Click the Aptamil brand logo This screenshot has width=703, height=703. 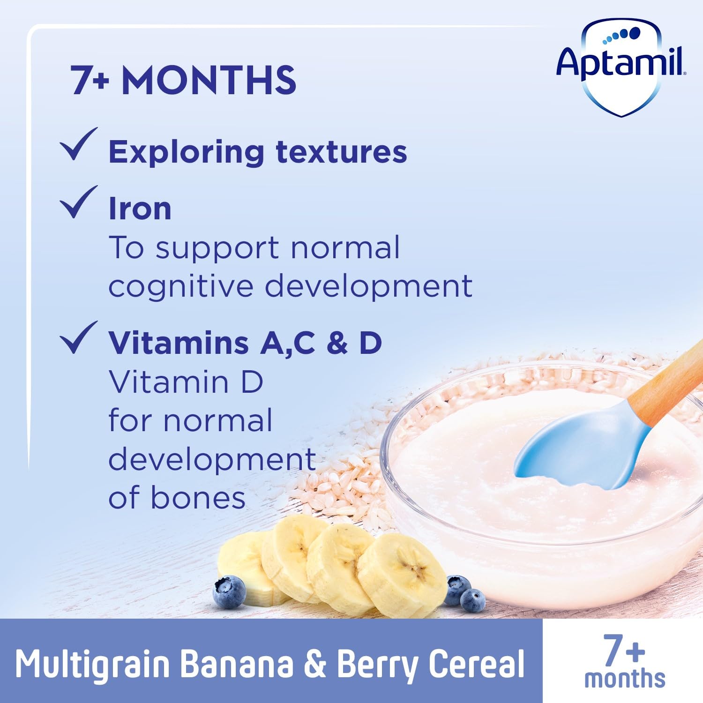(x=621, y=66)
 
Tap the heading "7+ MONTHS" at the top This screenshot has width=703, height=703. (x=183, y=81)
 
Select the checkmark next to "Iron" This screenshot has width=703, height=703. (x=78, y=202)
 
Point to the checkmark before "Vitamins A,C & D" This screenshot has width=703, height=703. (x=78, y=337)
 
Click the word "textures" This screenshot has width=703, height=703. (x=341, y=152)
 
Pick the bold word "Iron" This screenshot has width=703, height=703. (x=140, y=209)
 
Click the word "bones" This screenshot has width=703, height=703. (x=198, y=498)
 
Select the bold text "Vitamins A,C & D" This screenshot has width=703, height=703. (x=245, y=343)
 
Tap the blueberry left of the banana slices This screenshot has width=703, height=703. (x=230, y=592)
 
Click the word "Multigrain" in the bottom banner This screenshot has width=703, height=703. (x=92, y=665)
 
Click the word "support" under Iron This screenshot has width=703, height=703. (x=217, y=248)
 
